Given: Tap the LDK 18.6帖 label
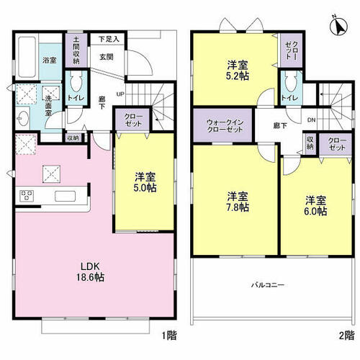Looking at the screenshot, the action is coord(90,271).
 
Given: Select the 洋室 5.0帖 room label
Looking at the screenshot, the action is coord(145,182).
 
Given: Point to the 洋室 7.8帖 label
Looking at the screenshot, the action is coord(238,202).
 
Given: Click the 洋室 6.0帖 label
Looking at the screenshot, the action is coord(315,206).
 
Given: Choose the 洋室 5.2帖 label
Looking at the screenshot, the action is coord(238,70).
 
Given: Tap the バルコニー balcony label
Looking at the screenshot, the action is coord(268,285).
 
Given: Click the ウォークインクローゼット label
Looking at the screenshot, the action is coord(225,126).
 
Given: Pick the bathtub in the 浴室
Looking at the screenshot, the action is coord(27,57).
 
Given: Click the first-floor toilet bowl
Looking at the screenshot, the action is coord(76,82).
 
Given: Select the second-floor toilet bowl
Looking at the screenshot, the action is coord(291,82).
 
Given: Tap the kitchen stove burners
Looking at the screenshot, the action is coord(27,196).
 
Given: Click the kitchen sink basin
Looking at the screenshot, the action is coord(65,196).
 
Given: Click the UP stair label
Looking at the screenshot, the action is coord(120,94).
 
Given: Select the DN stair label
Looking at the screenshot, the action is coord(311,120).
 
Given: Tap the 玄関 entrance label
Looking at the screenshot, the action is coord(107,57).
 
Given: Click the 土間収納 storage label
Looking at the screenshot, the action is coord(76,50).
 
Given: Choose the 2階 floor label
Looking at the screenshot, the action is coord(347,335).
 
